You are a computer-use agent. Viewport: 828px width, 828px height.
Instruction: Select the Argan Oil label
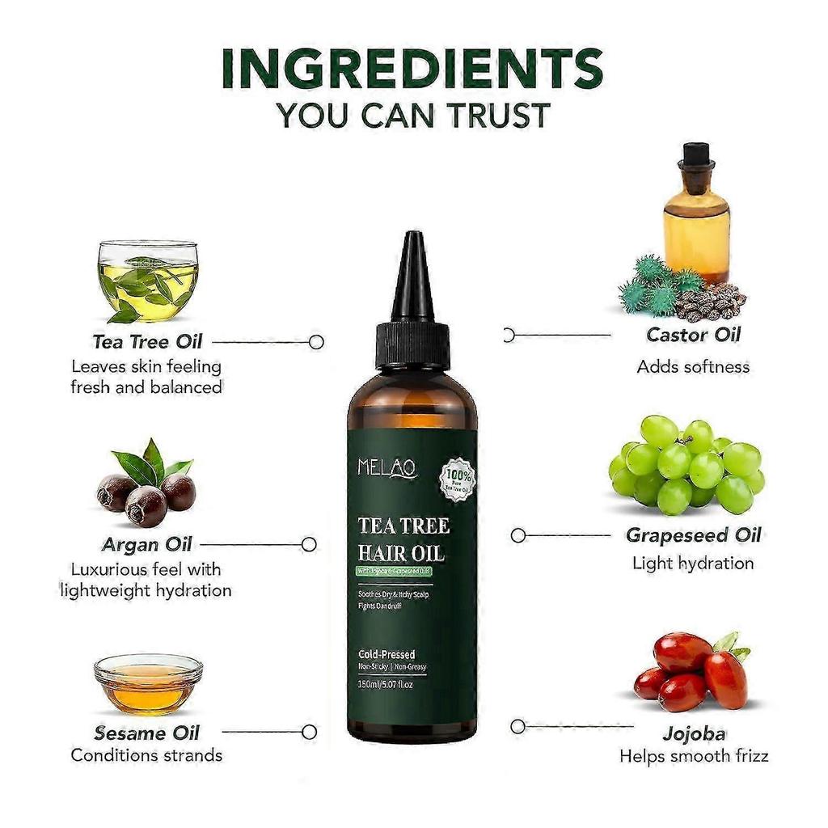pos(147,543)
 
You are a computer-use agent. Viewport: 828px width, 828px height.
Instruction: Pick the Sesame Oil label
pos(146,733)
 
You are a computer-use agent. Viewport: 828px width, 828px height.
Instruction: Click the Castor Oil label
pos(693,334)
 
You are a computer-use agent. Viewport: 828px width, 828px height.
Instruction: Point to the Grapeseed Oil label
pos(693,535)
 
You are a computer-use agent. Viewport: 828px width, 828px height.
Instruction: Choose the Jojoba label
pos(693,734)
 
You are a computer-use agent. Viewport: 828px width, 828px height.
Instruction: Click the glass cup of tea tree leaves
pos(147,280)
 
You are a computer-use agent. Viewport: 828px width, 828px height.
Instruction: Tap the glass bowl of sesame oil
pos(148,683)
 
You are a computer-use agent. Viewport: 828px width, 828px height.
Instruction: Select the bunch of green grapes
pos(686,465)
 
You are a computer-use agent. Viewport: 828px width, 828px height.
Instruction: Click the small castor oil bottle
pos(695,213)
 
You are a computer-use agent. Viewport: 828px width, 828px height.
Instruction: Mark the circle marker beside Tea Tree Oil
pos(316,342)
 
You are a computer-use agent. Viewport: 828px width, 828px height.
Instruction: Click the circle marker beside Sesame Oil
pos(308,732)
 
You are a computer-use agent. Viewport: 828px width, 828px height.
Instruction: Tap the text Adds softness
pos(693,366)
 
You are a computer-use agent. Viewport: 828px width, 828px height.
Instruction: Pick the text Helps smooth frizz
pos(693,757)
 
